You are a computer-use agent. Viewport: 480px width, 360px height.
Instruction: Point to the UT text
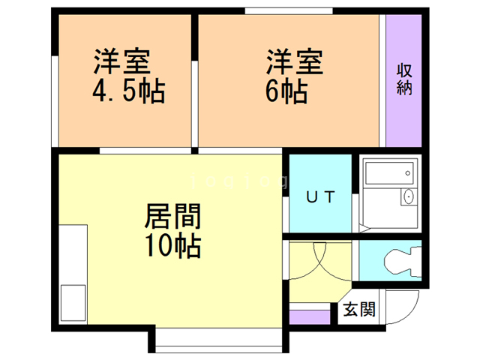pyautogui.click(x=319, y=196)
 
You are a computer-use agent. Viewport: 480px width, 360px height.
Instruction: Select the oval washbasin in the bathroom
pyautogui.click(x=408, y=197)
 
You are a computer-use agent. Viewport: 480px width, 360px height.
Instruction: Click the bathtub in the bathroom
pyautogui.click(x=388, y=175)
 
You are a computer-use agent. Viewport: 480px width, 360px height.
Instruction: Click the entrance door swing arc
pyautogui.click(x=405, y=307)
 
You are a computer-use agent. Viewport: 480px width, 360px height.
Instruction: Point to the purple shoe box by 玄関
pyautogui.click(x=309, y=316)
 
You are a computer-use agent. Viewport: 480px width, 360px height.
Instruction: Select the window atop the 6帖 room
pyautogui.click(x=289, y=10)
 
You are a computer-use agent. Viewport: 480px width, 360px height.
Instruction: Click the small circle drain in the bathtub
pyautogui.click(x=407, y=175)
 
